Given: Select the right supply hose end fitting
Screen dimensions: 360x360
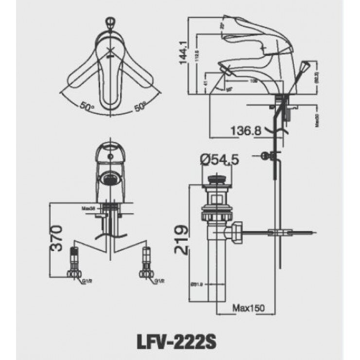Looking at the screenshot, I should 146,263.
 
